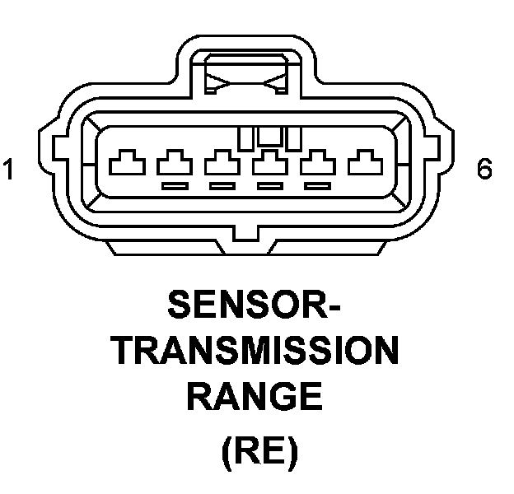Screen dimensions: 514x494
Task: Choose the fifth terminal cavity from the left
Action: pos(315,161)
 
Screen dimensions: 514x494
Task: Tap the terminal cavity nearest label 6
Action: pos(362,161)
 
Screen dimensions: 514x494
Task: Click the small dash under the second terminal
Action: pos(173,187)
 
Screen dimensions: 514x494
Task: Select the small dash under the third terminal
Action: pos(221,187)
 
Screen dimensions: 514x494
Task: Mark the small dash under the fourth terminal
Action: pos(269,187)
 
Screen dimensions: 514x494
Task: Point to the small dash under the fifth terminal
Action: pos(315,187)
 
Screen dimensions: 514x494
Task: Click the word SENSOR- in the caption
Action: pos(255,308)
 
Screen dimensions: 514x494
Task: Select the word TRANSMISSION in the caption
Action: pos(256,353)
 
